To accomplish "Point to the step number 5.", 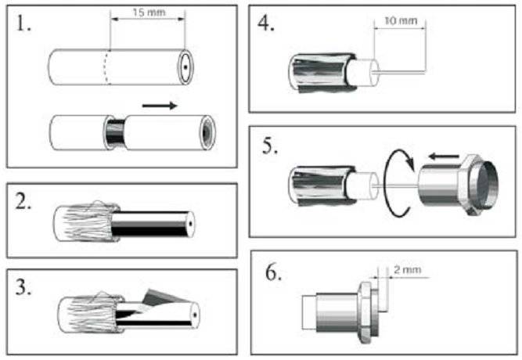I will tap(269, 146).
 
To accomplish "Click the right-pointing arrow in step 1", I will tap(160, 103).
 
